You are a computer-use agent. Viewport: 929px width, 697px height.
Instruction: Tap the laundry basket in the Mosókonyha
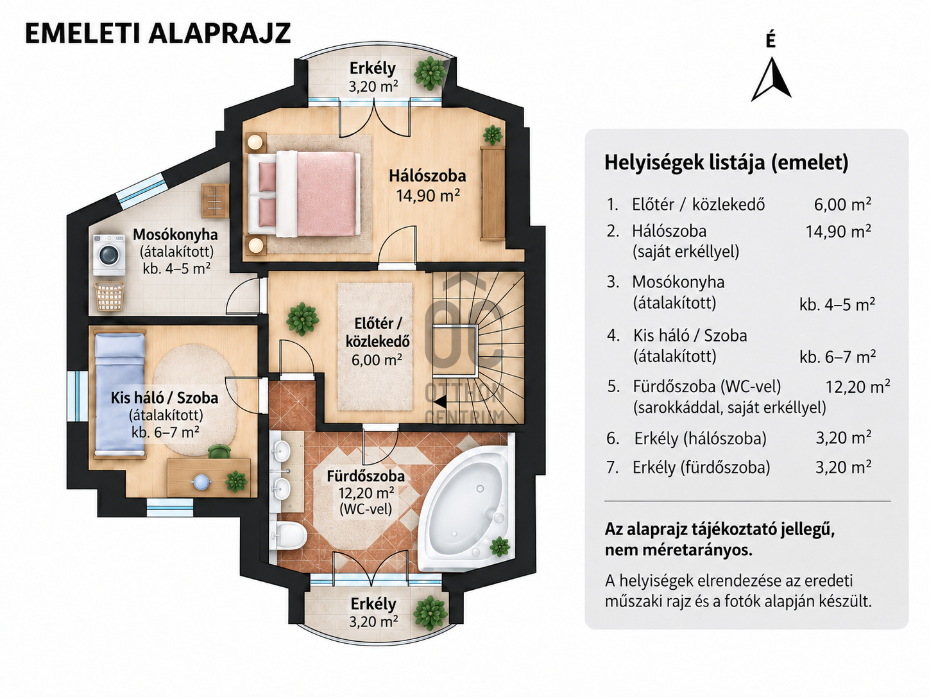point(110,296)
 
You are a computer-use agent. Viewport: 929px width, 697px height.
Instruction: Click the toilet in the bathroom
point(289,535)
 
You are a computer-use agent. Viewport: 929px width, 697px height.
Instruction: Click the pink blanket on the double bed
point(326,193)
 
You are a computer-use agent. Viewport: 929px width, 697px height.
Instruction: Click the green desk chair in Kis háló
point(219,452)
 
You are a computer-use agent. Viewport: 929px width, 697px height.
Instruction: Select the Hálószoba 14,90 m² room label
point(427,185)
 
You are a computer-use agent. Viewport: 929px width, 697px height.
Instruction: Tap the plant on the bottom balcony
point(430,613)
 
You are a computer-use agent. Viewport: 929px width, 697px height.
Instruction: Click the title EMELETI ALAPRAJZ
point(158,33)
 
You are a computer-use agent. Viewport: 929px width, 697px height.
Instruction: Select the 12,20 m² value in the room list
point(858,386)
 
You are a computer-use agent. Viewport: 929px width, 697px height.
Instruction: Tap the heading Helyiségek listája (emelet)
point(726,162)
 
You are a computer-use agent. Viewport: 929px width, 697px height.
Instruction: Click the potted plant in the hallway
point(302,319)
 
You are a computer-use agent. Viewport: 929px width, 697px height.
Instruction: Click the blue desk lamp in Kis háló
point(201,481)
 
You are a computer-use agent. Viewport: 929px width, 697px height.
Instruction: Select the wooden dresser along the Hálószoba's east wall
point(493,193)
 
